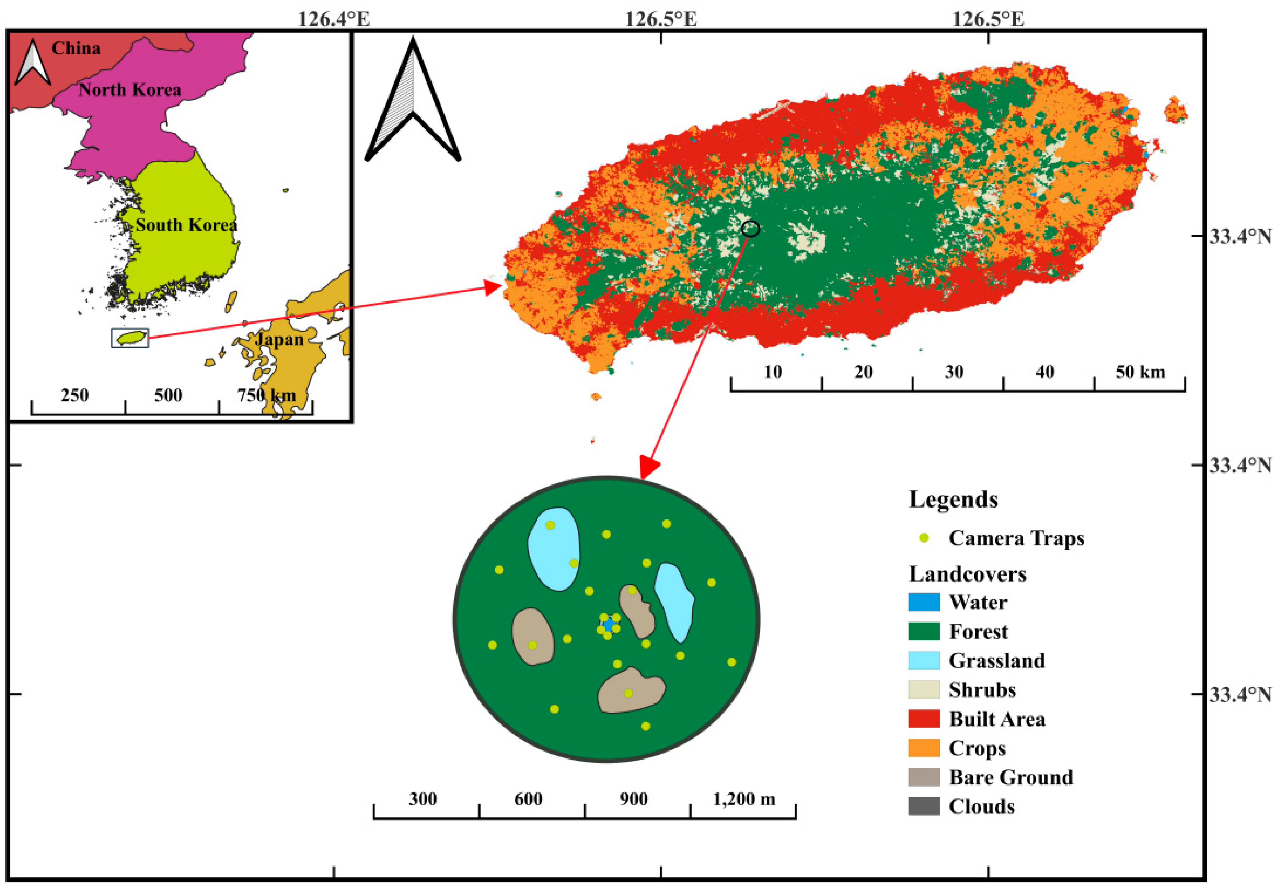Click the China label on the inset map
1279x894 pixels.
tap(76, 48)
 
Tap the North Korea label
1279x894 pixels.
tap(129, 90)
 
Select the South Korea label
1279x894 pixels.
tap(186, 225)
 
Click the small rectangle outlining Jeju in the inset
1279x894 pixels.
tap(130, 338)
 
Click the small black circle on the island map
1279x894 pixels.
tap(750, 228)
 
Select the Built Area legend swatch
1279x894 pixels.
tap(924, 719)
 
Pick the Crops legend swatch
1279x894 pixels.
tap(924, 748)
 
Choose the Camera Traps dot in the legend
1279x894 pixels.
tap(924, 538)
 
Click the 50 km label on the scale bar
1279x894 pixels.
tap(1140, 372)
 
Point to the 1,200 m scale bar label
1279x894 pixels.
tap(744, 799)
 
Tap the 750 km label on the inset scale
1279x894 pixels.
tap(266, 395)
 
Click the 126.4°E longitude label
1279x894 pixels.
tap(334, 19)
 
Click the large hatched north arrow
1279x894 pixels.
tap(413, 106)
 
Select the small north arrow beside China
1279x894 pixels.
tap(32, 63)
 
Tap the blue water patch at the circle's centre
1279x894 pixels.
tap(609, 624)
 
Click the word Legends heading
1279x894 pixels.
tap(953, 499)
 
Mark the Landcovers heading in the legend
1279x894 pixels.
tap(967, 573)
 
